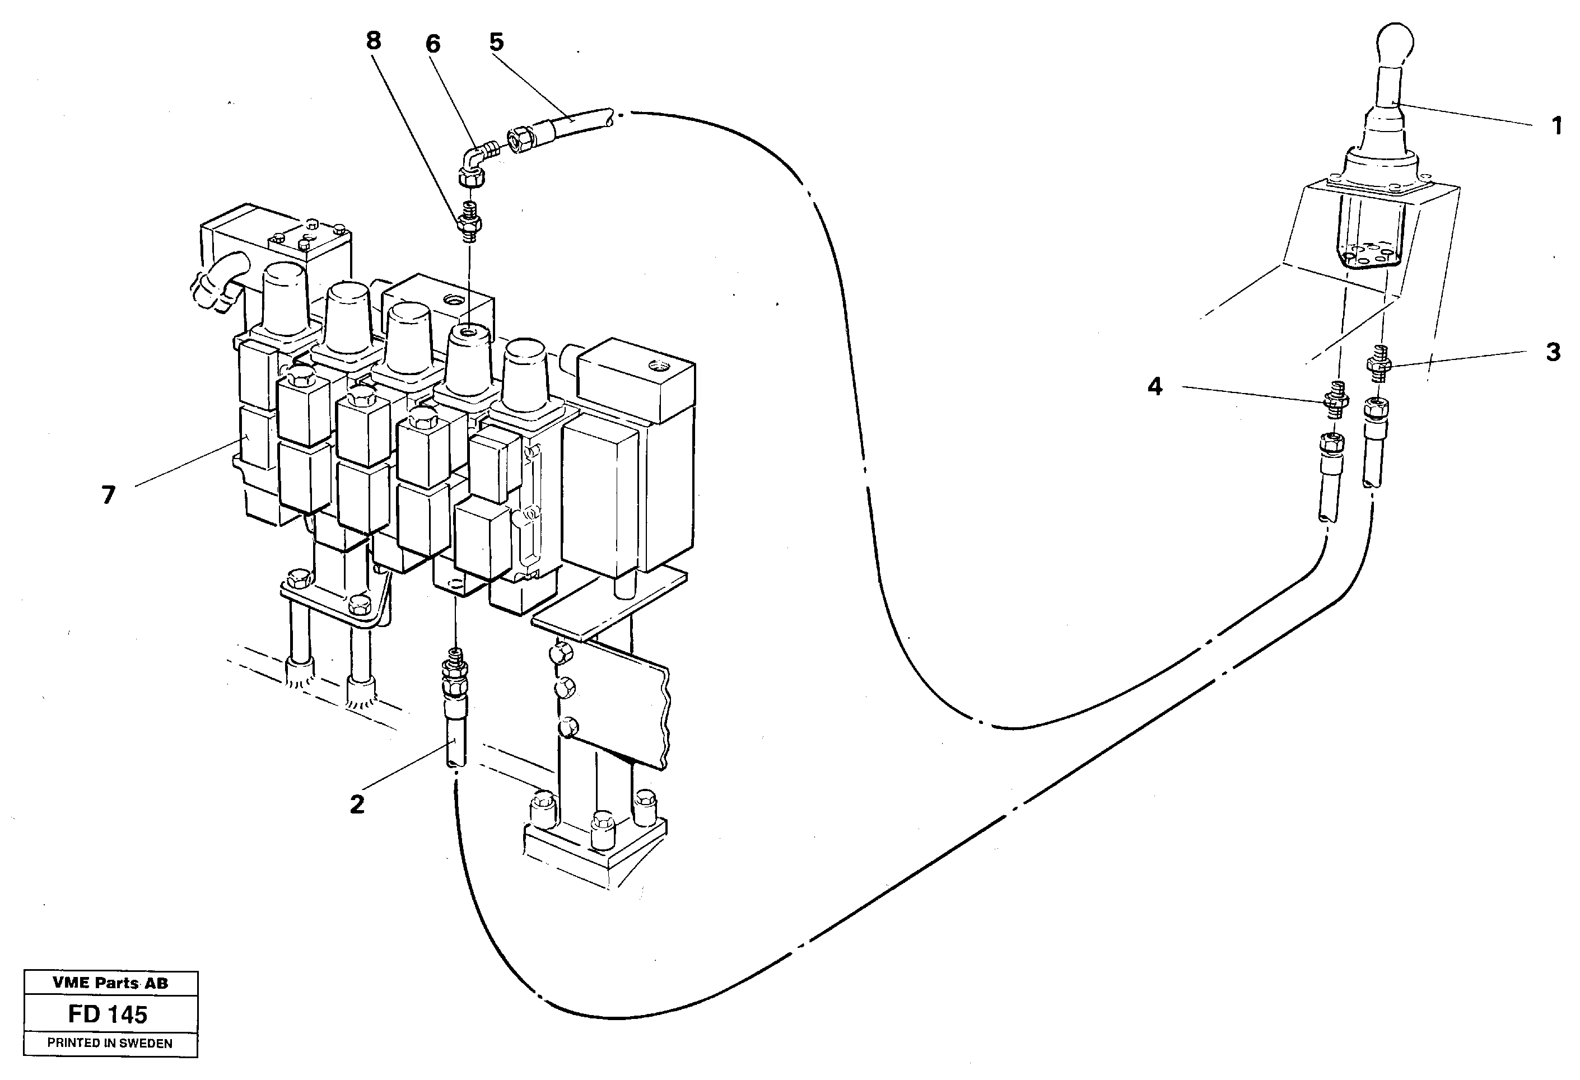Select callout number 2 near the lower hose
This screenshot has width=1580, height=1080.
pos(357,805)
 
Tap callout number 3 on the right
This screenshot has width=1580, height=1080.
pos(1553,352)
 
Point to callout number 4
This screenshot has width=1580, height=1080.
pos(1154,387)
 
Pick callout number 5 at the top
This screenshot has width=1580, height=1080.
pos(496,42)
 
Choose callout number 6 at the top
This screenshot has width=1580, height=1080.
pos(432,44)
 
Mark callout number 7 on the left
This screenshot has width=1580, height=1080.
pos(109,495)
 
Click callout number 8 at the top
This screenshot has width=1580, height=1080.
pos(373,41)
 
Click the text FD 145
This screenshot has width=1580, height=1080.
pos(108,1014)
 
